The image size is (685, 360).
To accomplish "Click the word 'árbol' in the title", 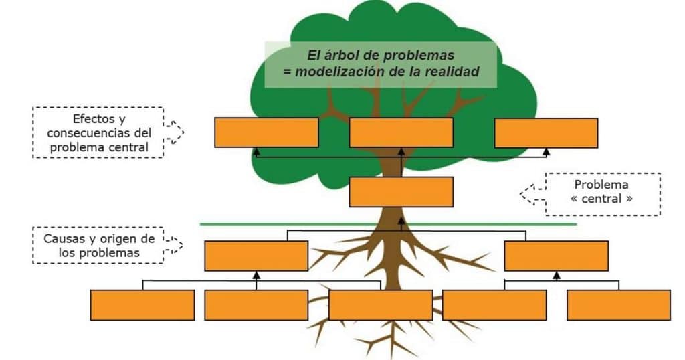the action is [x=341, y=55].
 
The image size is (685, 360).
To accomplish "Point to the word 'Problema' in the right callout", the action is [x=601, y=185].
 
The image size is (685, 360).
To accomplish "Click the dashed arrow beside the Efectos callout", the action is [x=174, y=132].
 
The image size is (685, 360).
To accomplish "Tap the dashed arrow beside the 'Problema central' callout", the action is [x=533, y=194].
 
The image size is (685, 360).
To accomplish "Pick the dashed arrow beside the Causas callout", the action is [x=173, y=245].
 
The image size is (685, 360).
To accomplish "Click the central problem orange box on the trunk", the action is [x=401, y=192].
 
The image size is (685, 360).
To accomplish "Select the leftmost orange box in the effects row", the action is [x=266, y=132].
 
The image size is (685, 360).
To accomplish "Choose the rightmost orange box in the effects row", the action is [x=546, y=132].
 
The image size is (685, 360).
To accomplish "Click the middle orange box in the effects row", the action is [x=401, y=132].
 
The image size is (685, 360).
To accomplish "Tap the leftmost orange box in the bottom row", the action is [x=142, y=305].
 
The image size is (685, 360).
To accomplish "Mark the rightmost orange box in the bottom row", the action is [x=619, y=305].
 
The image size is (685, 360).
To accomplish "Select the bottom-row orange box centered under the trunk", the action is [x=381, y=305].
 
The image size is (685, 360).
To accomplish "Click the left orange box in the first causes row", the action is [x=256, y=256].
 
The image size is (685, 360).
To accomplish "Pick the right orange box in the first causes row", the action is [x=556, y=256].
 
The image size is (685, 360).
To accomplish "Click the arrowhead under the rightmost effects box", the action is [x=546, y=152].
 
